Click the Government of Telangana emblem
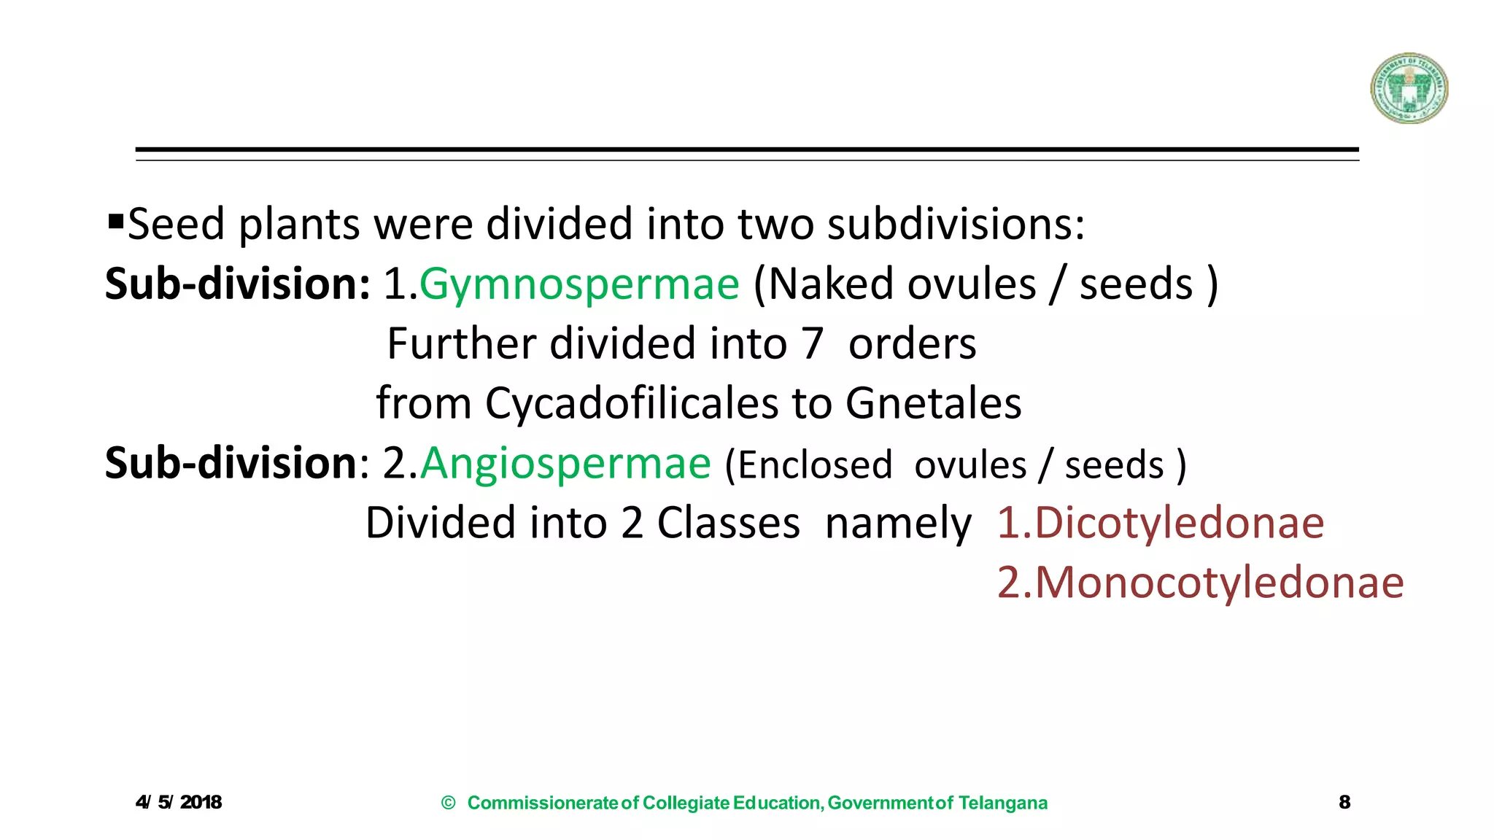[1409, 88]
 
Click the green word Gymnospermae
[579, 284]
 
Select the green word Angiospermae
[565, 463]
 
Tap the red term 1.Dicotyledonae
[1160, 523]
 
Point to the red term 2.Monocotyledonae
[1200, 583]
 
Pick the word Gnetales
[934, 403]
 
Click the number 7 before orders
[813, 343]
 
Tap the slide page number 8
[1344, 802]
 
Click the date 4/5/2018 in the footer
[179, 802]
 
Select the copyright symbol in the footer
[449, 803]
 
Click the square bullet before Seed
[115, 219]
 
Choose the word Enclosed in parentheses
[815, 464]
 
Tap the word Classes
[728, 523]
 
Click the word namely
[898, 524]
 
